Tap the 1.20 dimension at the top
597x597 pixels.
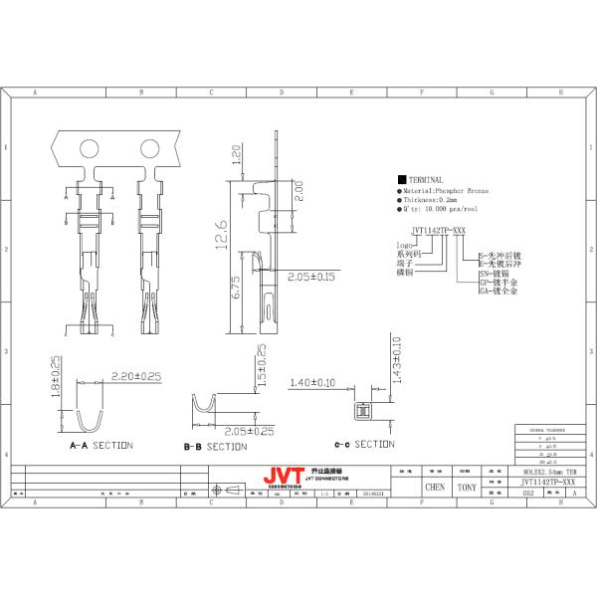[x=237, y=156]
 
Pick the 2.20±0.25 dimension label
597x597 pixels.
[x=136, y=375]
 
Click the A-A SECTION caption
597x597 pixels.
[x=100, y=445]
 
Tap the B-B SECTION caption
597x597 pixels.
[x=215, y=447]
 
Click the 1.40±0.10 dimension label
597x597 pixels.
[x=312, y=382]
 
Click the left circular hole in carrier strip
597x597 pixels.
[x=88, y=149]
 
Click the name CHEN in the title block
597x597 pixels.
[x=435, y=488]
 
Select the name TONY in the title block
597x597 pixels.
[x=465, y=488]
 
